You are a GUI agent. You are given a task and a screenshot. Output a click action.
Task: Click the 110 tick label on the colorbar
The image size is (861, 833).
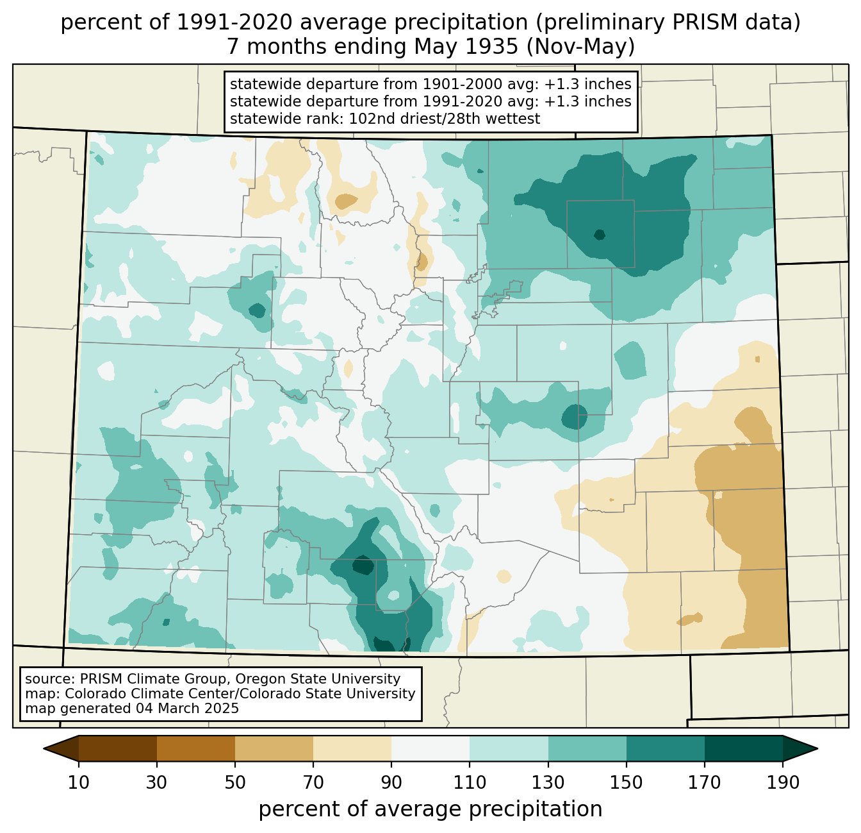point(470,783)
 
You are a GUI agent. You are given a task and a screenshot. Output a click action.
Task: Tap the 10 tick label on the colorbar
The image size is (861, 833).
point(79,783)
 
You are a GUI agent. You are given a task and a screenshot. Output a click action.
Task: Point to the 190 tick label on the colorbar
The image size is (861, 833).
point(782,783)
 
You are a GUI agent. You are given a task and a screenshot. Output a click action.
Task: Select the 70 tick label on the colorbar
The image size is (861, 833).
point(313,783)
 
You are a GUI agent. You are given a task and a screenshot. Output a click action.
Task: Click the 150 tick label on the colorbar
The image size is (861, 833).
point(626,783)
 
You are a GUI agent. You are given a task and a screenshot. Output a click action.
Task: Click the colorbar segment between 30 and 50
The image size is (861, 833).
point(196,748)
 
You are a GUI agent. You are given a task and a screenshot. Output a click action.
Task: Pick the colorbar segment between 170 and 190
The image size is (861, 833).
point(743,748)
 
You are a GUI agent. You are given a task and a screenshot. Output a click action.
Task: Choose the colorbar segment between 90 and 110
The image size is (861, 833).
point(430,748)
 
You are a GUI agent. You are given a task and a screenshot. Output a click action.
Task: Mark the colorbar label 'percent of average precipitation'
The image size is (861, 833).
point(430,809)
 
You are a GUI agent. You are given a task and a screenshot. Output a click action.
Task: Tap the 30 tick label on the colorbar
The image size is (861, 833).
point(157,783)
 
